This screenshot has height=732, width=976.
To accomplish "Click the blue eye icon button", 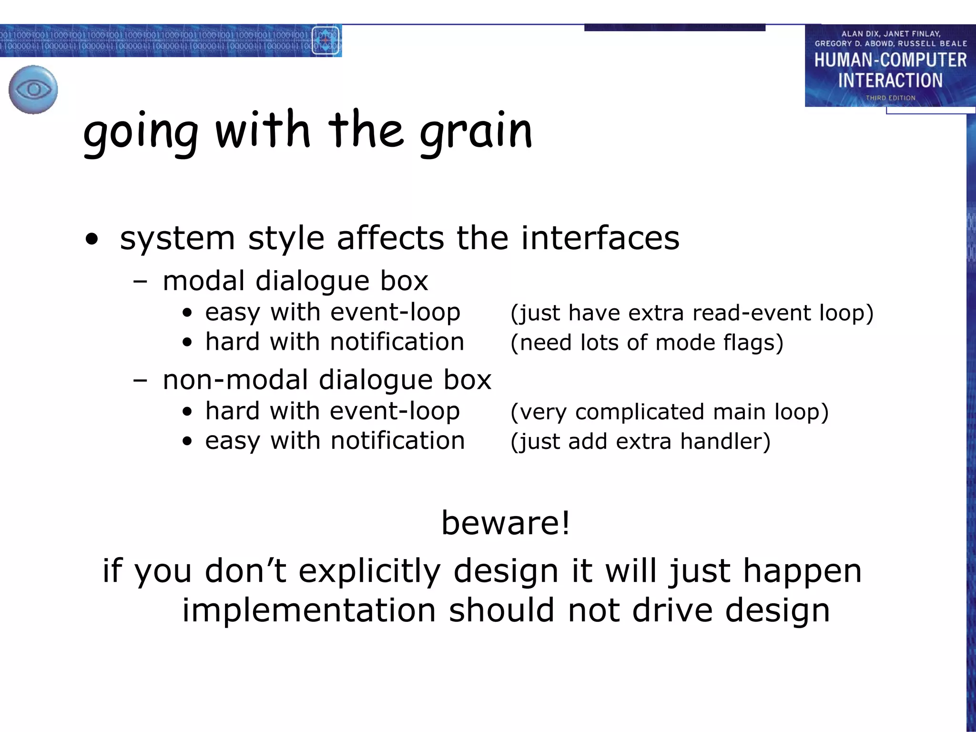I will tap(33, 90).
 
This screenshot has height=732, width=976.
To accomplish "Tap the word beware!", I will tap(506, 523).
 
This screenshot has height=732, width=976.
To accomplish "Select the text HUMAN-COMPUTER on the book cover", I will tap(890, 60).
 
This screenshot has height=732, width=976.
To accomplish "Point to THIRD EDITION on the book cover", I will tap(890, 98).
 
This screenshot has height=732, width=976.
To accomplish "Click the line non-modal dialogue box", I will tap(326, 380).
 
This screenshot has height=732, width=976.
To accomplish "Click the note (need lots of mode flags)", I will tap(647, 343).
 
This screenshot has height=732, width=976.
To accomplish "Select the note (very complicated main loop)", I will tap(669, 412).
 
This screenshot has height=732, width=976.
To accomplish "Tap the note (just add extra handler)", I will tap(640, 441).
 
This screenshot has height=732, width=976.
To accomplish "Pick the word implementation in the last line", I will tap(309, 610).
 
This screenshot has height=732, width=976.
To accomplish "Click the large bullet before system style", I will tap(91, 239).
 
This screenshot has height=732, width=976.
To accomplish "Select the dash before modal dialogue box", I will tap(140, 281).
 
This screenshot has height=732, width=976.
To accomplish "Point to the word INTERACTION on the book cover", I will tap(890, 80).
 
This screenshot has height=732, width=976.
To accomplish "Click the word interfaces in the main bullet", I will tap(600, 238).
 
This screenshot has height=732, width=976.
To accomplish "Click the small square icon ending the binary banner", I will tap(325, 41).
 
